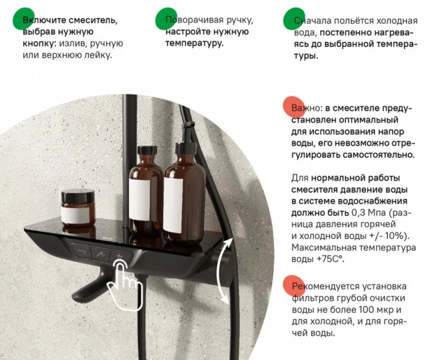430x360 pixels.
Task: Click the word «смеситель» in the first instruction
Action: pos(93,20)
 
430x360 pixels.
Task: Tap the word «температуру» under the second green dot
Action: pos(195,44)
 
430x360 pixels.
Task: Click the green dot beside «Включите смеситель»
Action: pos(24,19)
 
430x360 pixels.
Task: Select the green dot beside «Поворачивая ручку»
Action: pos(166,19)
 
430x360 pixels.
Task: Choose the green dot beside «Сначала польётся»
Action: pos(294,19)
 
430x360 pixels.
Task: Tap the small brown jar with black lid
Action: pos(78,208)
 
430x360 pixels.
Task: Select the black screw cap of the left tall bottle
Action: pos(147,151)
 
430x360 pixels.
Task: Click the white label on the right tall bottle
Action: pos(173,205)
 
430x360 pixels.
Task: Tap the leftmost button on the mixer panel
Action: pos(82,251)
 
